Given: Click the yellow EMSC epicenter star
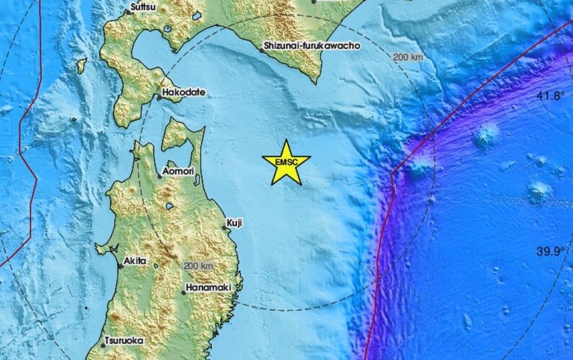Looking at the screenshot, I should coord(286,162).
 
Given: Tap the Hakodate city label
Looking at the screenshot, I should coord(184,92).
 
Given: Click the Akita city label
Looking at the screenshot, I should coord(136,261).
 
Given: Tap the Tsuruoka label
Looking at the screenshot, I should coord(125,340).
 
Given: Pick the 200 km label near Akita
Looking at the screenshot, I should coord(197,265).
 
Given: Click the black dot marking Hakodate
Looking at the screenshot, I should coord(159,97).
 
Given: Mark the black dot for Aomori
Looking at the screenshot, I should coord(159,176).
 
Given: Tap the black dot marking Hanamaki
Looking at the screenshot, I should coord(183,292).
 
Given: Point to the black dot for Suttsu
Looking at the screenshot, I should coord(127,11).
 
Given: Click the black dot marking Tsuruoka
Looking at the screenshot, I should coord(104,345).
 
